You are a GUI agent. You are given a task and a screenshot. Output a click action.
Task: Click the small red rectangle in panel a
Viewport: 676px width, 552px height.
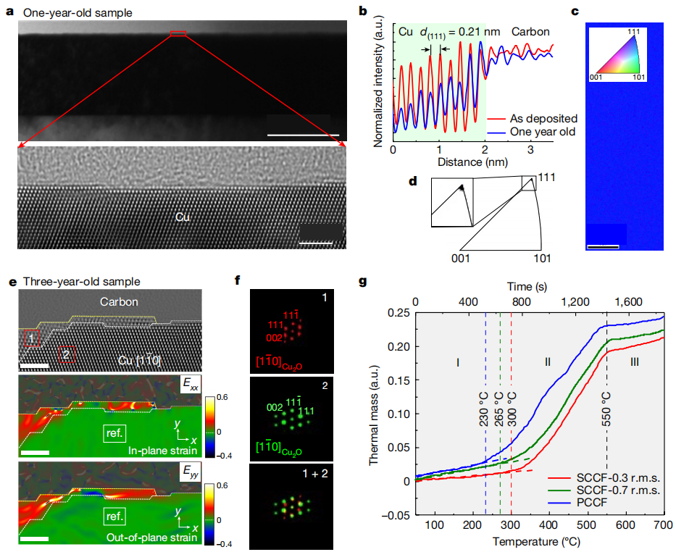[x=178, y=33]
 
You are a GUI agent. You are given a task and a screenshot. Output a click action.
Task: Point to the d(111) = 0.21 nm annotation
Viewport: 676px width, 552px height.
[x=450, y=33]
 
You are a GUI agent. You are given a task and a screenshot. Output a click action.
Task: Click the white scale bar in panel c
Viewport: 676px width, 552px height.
[x=603, y=246]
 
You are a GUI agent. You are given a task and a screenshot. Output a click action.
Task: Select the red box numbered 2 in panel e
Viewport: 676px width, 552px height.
[x=65, y=354]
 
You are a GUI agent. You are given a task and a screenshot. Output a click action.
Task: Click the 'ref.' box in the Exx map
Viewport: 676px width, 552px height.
[x=114, y=433]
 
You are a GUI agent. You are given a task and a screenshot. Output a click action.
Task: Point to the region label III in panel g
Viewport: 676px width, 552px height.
[x=634, y=361]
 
